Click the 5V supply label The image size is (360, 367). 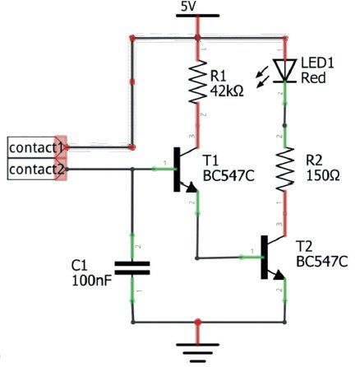tap(189, 7)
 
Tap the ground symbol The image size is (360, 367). tap(197, 352)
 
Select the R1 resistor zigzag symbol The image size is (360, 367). tap(197, 81)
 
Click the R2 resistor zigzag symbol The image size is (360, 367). tap(285, 170)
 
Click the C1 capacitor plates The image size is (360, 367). tap(132, 268)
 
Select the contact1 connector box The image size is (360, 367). tap(35, 147)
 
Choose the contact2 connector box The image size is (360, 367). tap(35, 169)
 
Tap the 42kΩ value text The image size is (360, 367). tap(227, 91)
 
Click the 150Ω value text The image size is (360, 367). tap(323, 175)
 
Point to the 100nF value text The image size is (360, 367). tap(92, 281)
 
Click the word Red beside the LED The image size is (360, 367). tap(313, 78)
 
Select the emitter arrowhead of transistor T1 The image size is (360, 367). tap(192, 188)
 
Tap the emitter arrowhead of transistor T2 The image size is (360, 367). tap(279, 275)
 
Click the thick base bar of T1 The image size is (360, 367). tap(177, 170)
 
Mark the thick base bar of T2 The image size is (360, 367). tap(265, 257)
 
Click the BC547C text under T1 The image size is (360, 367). tap(228, 176)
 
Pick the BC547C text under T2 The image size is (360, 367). tap(322, 262)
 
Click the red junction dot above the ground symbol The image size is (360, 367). tap(197, 322)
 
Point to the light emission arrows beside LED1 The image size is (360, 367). tap(262, 78)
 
